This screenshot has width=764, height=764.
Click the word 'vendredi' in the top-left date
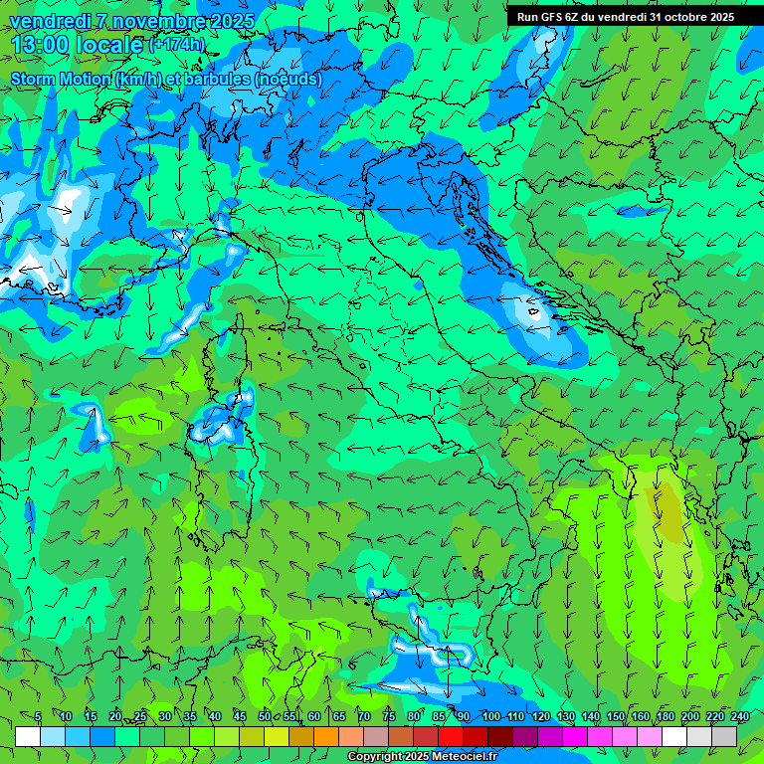pos(50,21)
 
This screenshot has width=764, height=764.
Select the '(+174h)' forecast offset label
pos(176,45)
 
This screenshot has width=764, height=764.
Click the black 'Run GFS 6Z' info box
pos(625,17)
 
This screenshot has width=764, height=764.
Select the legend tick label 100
pos(490,717)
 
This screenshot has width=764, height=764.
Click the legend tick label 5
pos(38,717)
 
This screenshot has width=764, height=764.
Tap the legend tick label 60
pos(314,717)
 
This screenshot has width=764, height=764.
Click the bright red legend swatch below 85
pos(451,736)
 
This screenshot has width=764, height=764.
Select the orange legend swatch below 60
pos(326,736)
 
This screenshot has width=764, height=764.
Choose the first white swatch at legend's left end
pos(28,736)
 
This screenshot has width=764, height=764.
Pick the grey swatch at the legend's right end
pos(724,736)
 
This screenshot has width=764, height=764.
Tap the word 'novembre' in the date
pos(153,21)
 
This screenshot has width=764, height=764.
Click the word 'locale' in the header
pos(112,46)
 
